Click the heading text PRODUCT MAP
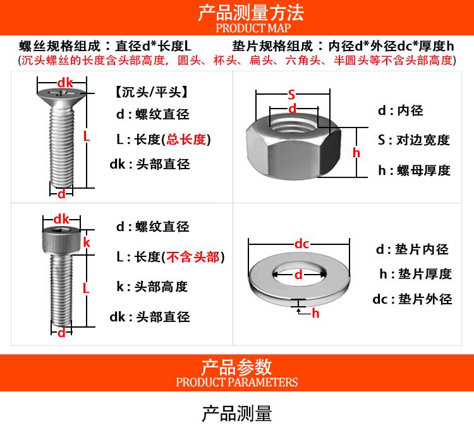click(x=253, y=28)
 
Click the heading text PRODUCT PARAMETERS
click(x=237, y=382)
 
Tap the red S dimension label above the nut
click(x=291, y=95)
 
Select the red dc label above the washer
click(x=301, y=244)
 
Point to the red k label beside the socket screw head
click(x=87, y=242)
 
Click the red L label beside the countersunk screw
click(x=87, y=136)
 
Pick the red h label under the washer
click(x=315, y=313)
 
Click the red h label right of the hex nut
click(x=356, y=153)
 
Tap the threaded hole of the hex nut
click(x=293, y=124)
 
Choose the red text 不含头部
click(x=193, y=257)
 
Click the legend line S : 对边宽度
click(x=414, y=140)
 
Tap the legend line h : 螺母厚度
click(x=414, y=170)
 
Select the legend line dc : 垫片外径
click(x=412, y=299)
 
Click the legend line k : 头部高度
click(x=152, y=287)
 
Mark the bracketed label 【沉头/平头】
click(x=151, y=92)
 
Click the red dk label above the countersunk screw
click(x=65, y=83)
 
